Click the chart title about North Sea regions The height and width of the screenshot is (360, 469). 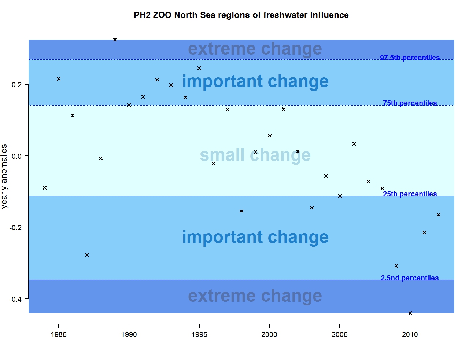click(241, 15)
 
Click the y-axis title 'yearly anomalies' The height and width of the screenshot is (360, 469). click(4, 176)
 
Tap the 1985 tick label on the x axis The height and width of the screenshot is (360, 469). click(59, 334)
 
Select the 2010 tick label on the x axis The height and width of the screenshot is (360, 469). click(410, 334)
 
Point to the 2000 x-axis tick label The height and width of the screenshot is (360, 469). click(269, 334)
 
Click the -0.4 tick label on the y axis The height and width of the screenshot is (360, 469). click(16, 299)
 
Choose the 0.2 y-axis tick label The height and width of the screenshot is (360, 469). click(17, 85)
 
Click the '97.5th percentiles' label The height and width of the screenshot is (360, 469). click(410, 58)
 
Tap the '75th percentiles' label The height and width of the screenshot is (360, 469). click(410, 103)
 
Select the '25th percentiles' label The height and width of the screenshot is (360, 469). click(410, 194)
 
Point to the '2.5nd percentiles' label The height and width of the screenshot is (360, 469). click(410, 278)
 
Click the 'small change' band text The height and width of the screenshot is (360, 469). click(255, 155)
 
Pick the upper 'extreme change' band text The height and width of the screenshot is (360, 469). click(255, 49)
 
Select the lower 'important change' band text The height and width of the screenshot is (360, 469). click(255, 237)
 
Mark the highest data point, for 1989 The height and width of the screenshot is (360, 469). click(115, 40)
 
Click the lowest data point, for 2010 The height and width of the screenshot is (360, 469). click(410, 313)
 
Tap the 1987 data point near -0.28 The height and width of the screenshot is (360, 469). click(87, 255)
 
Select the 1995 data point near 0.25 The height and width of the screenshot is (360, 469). click(199, 68)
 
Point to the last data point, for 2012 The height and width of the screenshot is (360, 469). click(439, 215)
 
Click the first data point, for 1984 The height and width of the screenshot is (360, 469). click(45, 188)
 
